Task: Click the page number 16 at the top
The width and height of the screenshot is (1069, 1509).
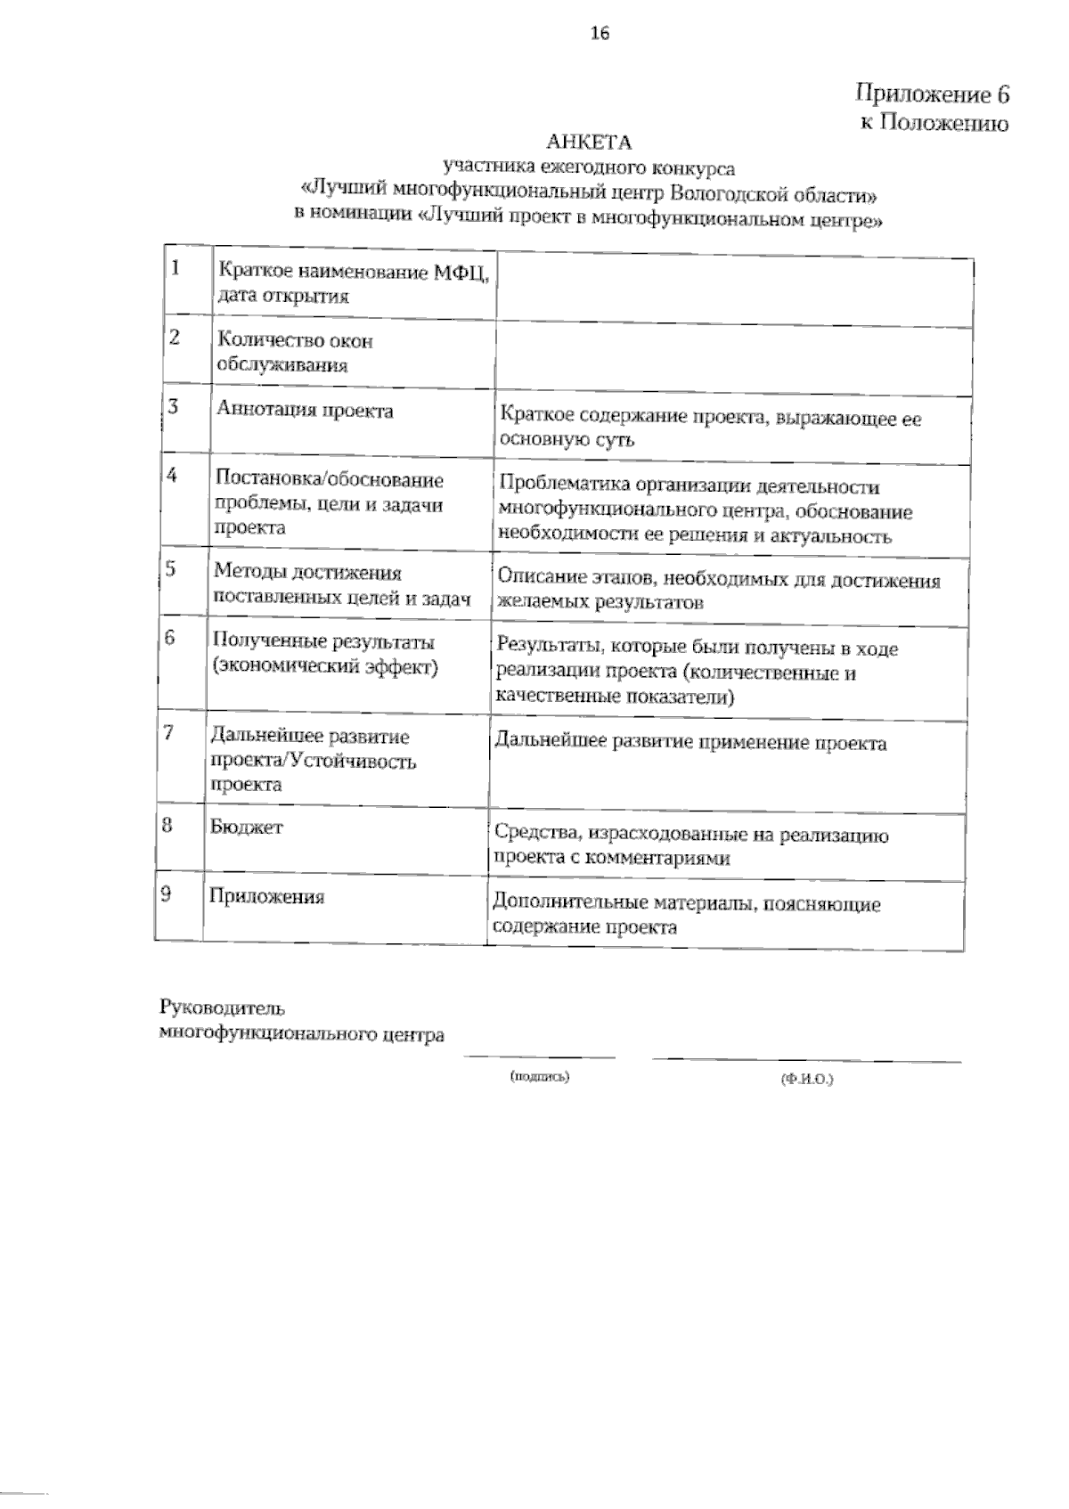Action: (x=599, y=35)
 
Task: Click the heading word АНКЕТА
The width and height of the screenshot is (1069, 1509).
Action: (x=589, y=143)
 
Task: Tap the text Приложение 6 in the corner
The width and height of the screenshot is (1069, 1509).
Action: (x=932, y=94)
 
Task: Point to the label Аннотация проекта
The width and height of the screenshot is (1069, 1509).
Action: (x=305, y=411)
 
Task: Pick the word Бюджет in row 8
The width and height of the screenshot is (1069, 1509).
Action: (x=246, y=827)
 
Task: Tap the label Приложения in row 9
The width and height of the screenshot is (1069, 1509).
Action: (x=266, y=897)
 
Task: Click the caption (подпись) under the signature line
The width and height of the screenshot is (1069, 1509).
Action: (x=539, y=1077)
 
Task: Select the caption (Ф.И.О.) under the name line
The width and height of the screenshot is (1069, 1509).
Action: (x=806, y=1079)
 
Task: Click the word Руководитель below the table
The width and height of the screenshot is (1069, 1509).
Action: (x=222, y=1008)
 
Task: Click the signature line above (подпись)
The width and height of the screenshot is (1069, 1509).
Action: (x=539, y=1058)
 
